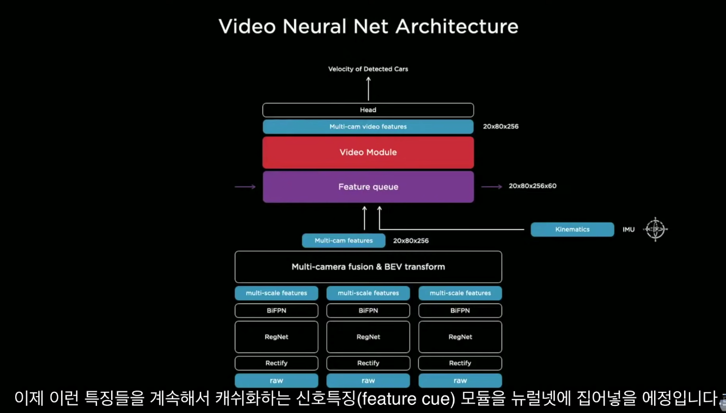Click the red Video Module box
coord(368,153)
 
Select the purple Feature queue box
coord(368,187)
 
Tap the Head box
coord(368,110)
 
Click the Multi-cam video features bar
coord(368,127)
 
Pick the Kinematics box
coord(572,229)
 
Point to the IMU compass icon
coord(655,229)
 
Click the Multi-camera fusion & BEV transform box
coord(368,267)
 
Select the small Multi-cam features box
coord(344,241)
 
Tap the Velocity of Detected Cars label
coord(368,69)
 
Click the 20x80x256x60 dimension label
coord(533,186)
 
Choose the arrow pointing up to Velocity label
coord(368,88)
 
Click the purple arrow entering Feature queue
coord(245,187)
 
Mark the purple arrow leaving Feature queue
coord(492,187)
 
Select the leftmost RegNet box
coord(277,337)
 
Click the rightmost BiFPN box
coord(460,311)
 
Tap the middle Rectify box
coord(368,363)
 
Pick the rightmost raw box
coord(460,381)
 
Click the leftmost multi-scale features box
coord(277,293)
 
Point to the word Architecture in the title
coord(457,26)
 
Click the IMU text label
coord(629,230)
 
